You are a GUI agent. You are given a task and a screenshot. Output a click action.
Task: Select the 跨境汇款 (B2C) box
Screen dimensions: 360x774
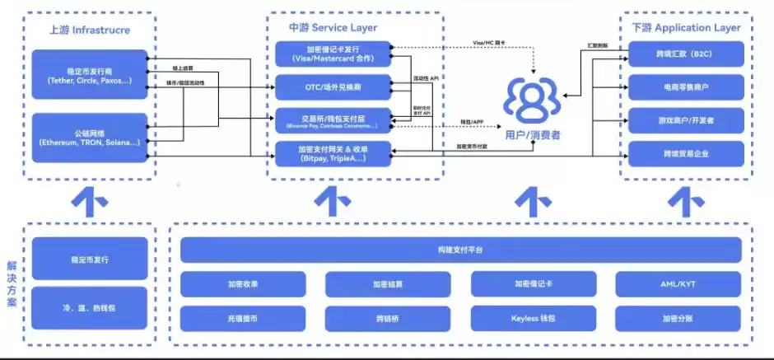tap(686, 54)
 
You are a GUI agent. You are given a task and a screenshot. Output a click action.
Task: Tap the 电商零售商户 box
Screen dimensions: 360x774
tap(686, 86)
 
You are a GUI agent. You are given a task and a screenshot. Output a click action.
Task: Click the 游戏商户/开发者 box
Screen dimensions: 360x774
tap(686, 119)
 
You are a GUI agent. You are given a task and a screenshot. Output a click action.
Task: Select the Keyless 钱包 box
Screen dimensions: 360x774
tap(533, 317)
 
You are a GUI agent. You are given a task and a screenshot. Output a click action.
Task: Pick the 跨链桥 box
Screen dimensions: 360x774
tap(387, 317)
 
